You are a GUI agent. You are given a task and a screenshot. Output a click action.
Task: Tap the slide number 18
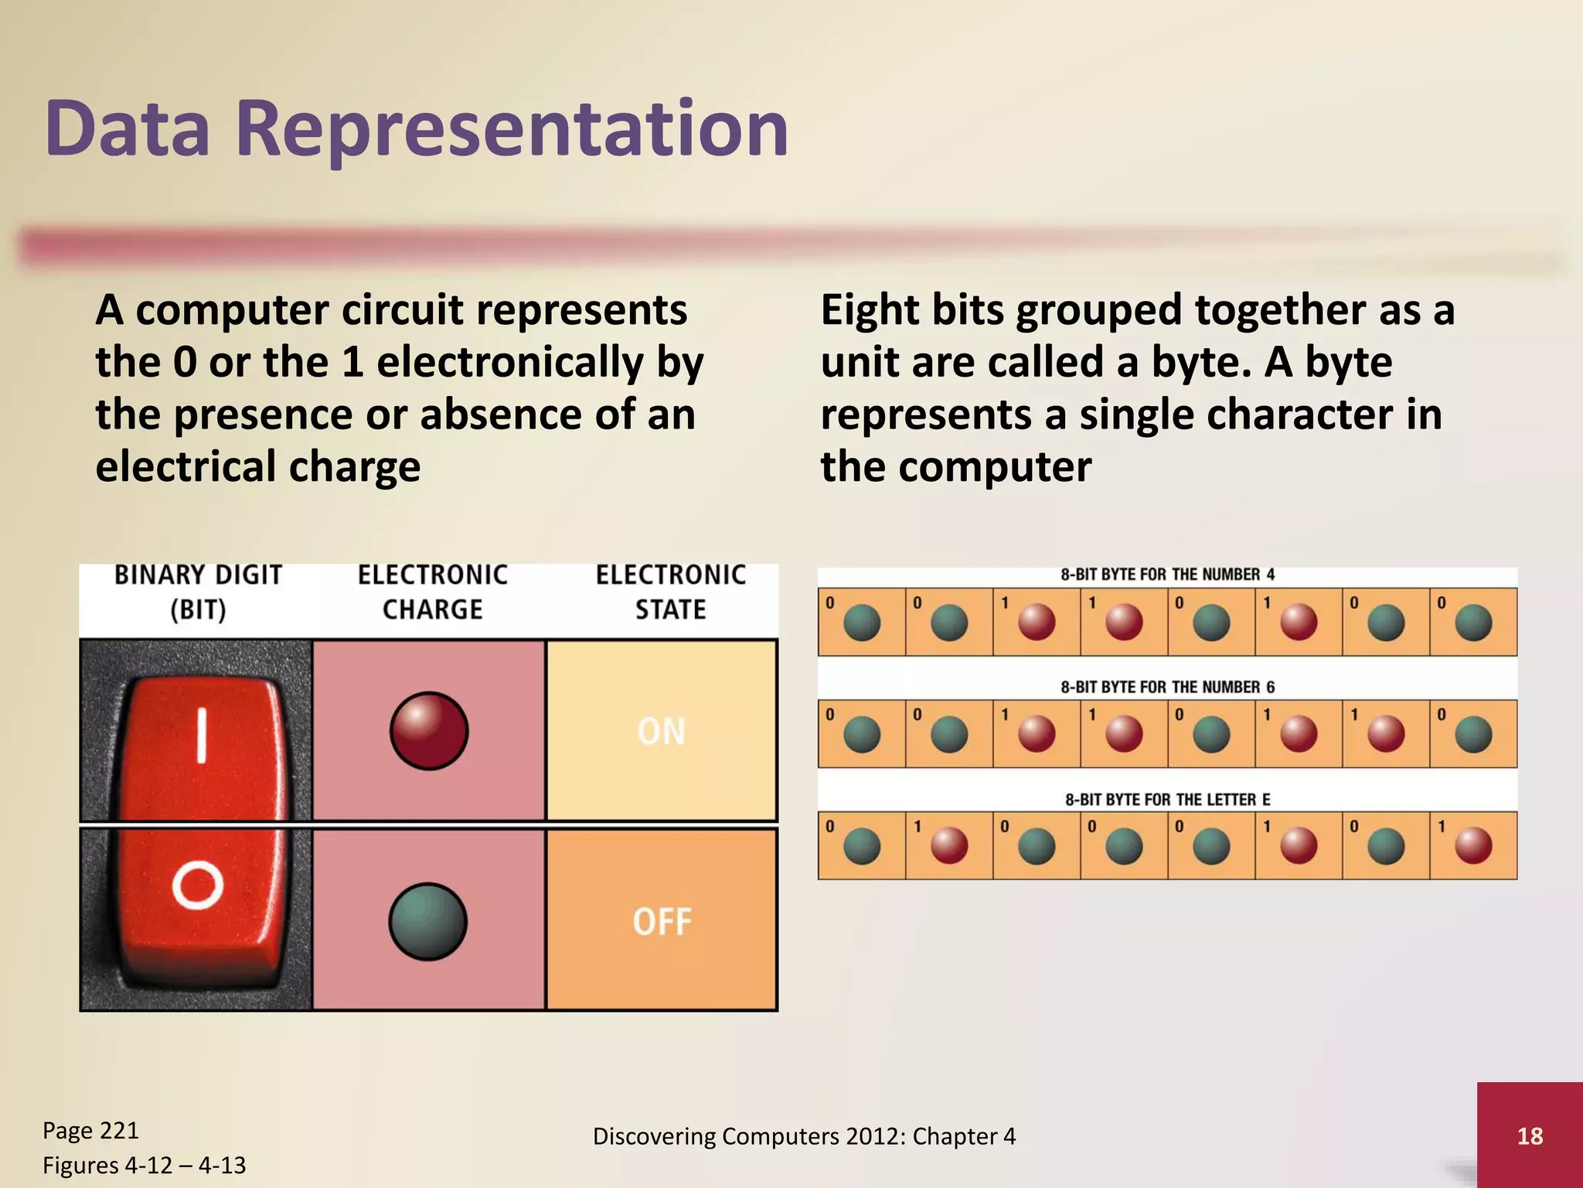[1530, 1135]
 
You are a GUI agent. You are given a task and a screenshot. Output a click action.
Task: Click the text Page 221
[90, 1130]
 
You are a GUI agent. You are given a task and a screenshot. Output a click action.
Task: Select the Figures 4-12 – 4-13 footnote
[144, 1165]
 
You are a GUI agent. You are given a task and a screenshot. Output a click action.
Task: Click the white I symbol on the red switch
[201, 736]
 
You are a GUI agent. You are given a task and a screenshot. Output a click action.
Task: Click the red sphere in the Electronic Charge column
[429, 731]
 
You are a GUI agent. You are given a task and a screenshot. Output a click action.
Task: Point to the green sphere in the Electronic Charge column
[427, 921]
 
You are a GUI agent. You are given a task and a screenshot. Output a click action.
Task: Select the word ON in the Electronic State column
[662, 732]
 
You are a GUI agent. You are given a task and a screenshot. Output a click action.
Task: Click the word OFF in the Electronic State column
[662, 922]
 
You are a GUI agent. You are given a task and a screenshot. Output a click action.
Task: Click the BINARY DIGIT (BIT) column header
[198, 592]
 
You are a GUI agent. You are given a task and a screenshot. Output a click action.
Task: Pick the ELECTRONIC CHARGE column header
[433, 592]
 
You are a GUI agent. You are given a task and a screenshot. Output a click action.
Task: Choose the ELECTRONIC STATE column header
[670, 592]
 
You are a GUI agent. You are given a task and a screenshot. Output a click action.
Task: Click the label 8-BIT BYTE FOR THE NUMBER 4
[1167, 575]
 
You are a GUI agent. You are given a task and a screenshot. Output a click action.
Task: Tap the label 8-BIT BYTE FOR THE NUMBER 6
[1167, 687]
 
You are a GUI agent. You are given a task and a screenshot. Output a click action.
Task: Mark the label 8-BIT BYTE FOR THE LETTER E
[1167, 799]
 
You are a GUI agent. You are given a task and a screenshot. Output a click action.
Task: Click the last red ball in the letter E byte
[1473, 845]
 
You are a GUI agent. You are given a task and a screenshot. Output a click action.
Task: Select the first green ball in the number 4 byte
[862, 623]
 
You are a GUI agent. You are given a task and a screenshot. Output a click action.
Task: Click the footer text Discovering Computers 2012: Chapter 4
[804, 1136]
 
